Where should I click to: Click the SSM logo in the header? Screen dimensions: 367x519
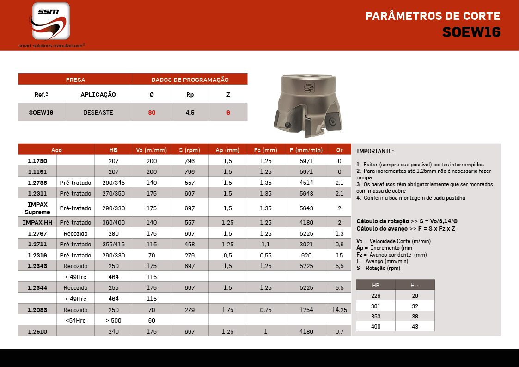(51, 21)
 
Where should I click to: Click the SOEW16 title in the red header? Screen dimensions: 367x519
(471, 32)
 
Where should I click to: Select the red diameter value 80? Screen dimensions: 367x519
(152, 112)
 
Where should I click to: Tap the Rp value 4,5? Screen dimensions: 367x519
(190, 112)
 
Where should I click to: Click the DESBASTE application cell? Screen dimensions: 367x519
(98, 112)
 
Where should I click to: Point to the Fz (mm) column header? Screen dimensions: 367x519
(266, 150)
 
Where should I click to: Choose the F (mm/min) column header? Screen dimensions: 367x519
(306, 150)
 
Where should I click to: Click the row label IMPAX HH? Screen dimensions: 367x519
(37, 222)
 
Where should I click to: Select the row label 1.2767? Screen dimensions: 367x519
(37, 233)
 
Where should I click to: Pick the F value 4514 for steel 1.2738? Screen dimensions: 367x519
(306, 183)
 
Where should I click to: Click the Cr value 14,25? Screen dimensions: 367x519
(339, 310)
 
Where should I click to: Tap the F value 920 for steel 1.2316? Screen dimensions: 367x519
(306, 255)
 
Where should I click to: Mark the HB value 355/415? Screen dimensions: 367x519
(113, 244)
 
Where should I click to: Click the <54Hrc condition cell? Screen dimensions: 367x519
(75, 320)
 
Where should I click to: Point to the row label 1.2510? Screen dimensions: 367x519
(37, 331)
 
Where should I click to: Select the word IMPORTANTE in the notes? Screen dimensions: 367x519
(375, 151)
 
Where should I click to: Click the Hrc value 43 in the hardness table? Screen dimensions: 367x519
(415, 326)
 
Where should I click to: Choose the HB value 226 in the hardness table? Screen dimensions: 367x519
(375, 295)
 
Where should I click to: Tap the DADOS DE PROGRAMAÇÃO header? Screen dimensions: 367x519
(190, 80)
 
